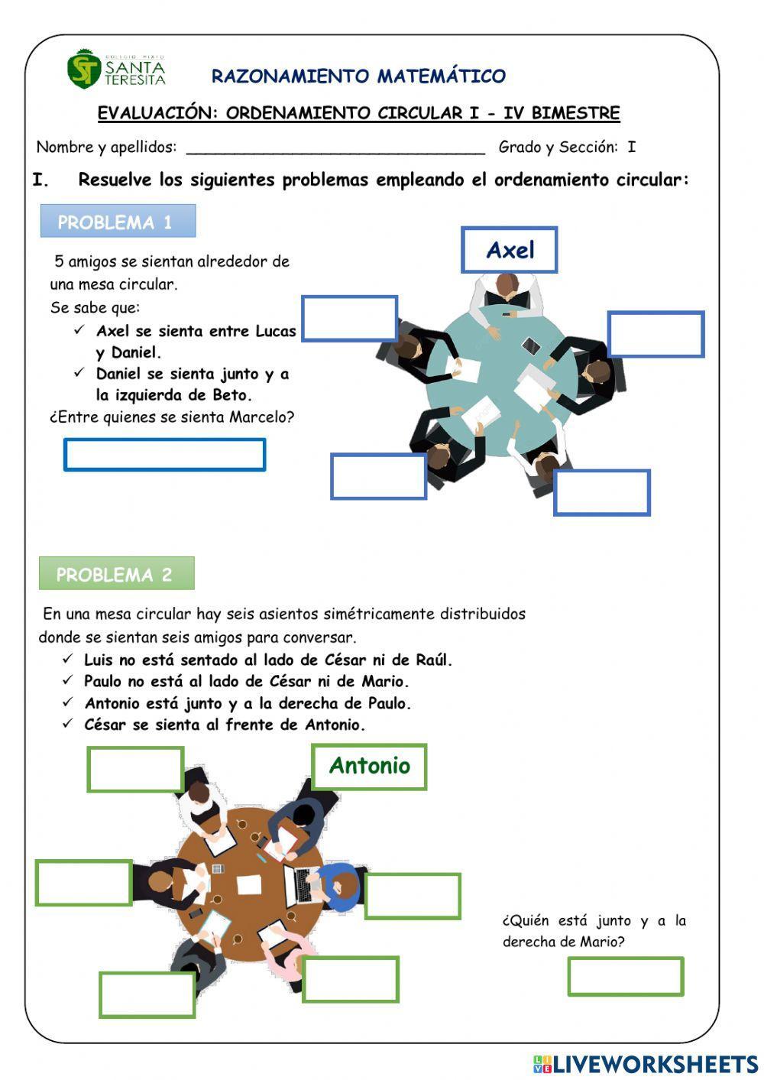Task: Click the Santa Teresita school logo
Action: [x=115, y=70]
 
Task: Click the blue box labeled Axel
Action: [x=510, y=250]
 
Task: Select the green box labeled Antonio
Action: [x=369, y=766]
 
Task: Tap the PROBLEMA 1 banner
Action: [x=118, y=222]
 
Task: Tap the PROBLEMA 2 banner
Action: [x=116, y=574]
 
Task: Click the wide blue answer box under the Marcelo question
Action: [x=164, y=455]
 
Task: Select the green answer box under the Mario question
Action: [x=625, y=976]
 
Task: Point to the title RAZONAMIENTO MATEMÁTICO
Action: [x=358, y=76]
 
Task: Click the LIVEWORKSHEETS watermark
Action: [x=646, y=1063]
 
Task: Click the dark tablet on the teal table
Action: [x=531, y=347]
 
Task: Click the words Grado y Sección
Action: [x=557, y=147]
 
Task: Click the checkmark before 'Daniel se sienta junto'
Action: [x=79, y=373]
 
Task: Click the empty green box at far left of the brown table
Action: [x=83, y=883]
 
